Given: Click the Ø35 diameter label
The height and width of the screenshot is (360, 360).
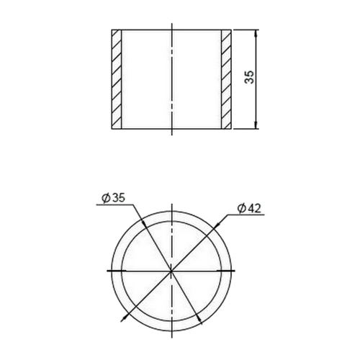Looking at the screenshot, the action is (113, 199).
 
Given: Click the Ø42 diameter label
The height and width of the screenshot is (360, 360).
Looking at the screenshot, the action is (249, 208).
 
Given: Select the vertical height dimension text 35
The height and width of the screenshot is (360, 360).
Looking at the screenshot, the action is (250, 77).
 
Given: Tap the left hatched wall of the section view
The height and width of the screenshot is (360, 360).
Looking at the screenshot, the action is (117, 79).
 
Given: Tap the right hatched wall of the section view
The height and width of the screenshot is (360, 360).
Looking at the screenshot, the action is (226, 79).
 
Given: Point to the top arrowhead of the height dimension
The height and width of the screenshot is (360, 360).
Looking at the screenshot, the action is (256, 33).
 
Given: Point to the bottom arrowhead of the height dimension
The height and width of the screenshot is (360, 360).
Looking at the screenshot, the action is (256, 125).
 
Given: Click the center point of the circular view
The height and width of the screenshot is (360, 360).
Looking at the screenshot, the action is (171, 271).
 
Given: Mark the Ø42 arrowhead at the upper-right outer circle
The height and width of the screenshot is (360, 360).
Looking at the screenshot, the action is (215, 226).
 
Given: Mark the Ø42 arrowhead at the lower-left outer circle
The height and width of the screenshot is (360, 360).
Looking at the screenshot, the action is (124, 318).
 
